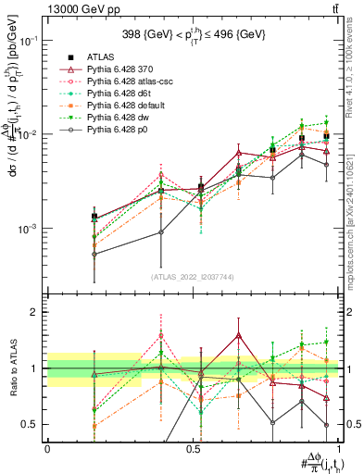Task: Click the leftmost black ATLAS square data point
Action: click(94, 217)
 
